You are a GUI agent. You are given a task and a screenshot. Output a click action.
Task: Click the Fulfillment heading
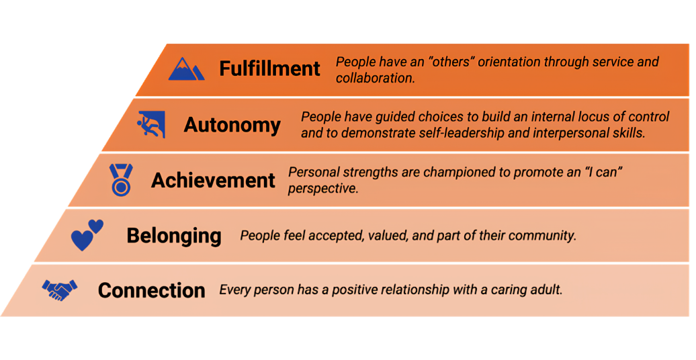tap(269, 69)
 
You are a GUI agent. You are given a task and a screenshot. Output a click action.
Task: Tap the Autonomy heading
tap(232, 125)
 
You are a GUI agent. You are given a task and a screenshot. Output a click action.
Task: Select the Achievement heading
tap(213, 180)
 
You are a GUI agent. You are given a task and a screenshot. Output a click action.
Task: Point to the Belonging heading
tap(174, 236)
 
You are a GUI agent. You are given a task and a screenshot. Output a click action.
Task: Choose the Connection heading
tap(151, 290)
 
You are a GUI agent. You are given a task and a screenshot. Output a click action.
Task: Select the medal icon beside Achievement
tap(121, 179)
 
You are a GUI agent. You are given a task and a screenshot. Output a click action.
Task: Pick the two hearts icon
tap(87, 234)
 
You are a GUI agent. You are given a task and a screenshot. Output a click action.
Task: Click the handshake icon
tap(60, 291)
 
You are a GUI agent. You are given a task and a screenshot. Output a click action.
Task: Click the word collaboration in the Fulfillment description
tap(374, 78)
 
